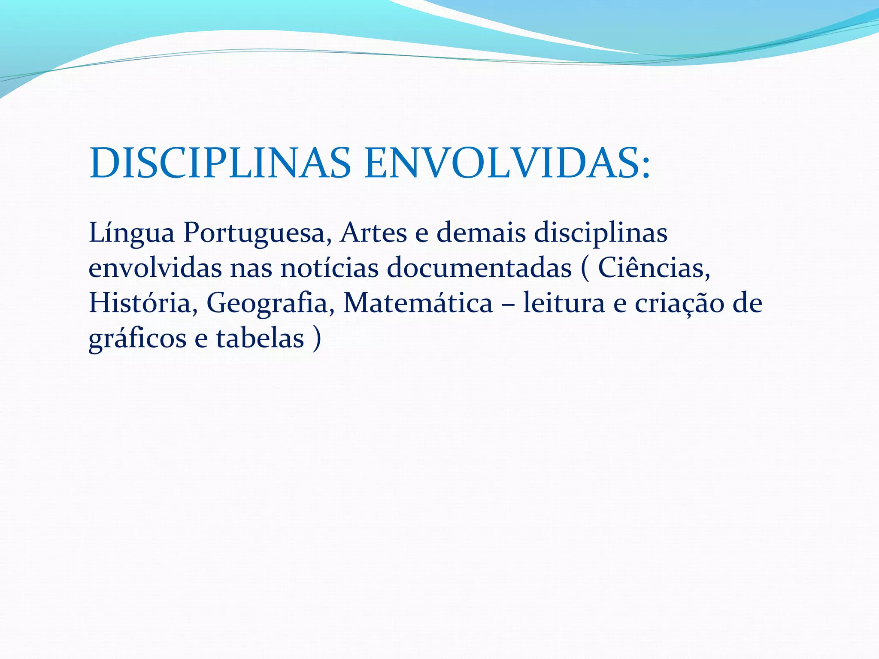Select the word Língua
(x=131, y=234)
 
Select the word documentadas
(x=479, y=268)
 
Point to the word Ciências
(x=654, y=268)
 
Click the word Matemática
(x=418, y=303)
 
